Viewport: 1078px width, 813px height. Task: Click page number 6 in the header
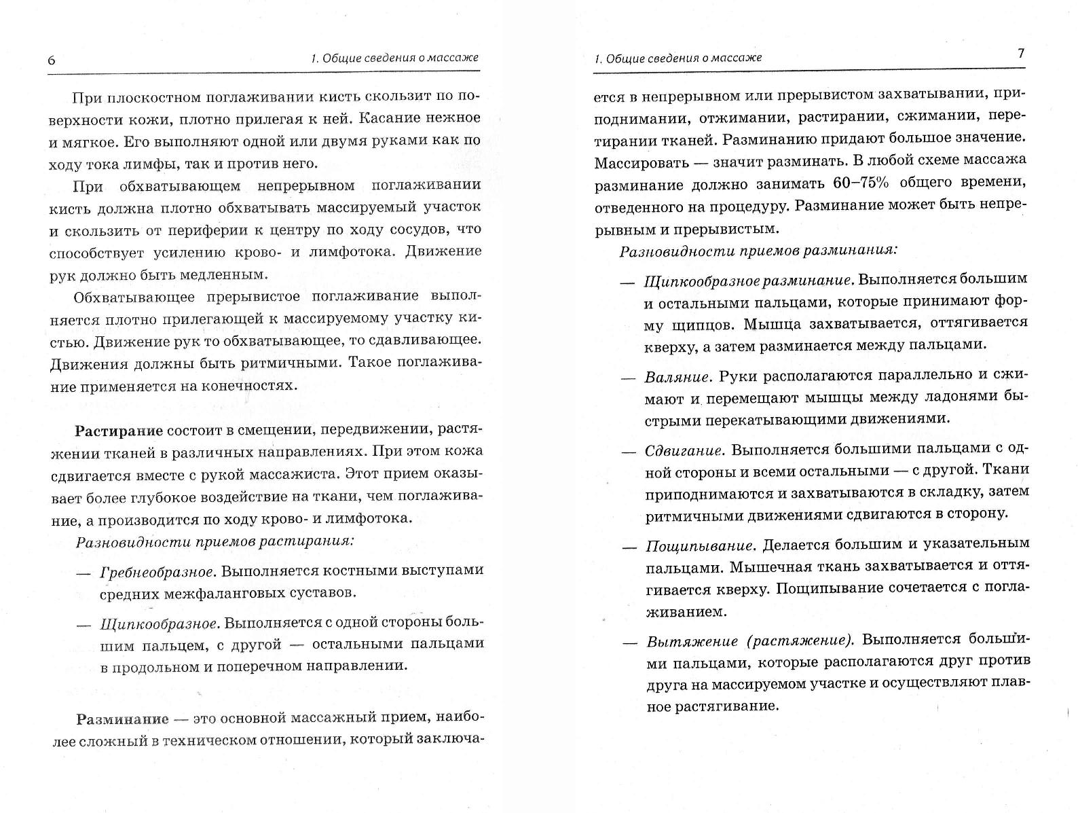coord(52,60)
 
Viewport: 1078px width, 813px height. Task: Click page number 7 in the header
coord(1021,54)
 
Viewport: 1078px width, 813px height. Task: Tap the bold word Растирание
coord(119,431)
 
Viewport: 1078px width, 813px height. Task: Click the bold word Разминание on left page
coord(122,719)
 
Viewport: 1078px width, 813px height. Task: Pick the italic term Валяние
coord(677,376)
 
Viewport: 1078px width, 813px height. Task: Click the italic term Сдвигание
coord(684,450)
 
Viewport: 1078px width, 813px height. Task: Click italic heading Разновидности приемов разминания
coord(758,250)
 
